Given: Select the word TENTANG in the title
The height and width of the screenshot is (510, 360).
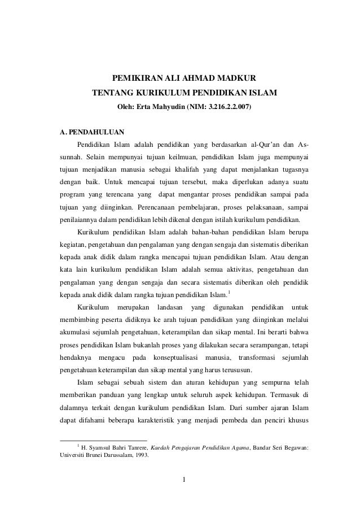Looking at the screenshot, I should (111, 91).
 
